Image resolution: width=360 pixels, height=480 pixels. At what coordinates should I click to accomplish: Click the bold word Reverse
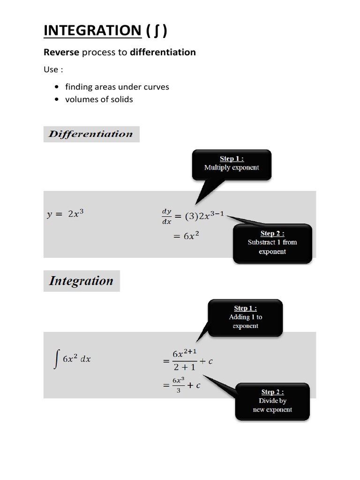[61, 52]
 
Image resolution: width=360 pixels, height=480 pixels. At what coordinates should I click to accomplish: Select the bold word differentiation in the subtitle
[163, 52]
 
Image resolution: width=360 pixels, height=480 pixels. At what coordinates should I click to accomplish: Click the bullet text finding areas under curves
[117, 87]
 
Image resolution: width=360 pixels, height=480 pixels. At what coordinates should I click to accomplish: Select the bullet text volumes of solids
[99, 99]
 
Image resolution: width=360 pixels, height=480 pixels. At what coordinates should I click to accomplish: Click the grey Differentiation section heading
[91, 134]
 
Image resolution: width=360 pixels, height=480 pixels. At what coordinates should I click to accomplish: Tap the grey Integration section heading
[81, 281]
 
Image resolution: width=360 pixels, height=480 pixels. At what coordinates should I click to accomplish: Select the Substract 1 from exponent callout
[272, 242]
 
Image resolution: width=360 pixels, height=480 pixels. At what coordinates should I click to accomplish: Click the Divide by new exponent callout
[272, 401]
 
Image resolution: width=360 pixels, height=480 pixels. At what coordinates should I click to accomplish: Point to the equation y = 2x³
[65, 214]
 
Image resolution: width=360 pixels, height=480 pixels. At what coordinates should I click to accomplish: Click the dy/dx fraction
[166, 217]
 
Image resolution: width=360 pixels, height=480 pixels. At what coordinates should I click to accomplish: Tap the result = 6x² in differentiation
[186, 237]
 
